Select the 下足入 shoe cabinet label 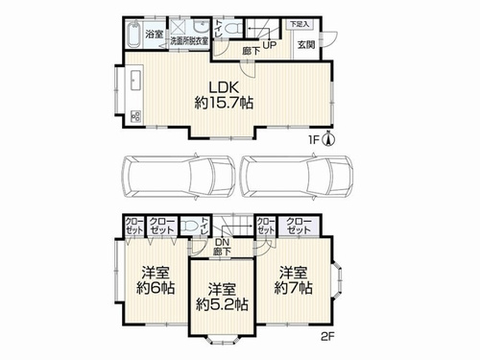300,22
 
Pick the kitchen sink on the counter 133,80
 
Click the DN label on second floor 222,244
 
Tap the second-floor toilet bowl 200,228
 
